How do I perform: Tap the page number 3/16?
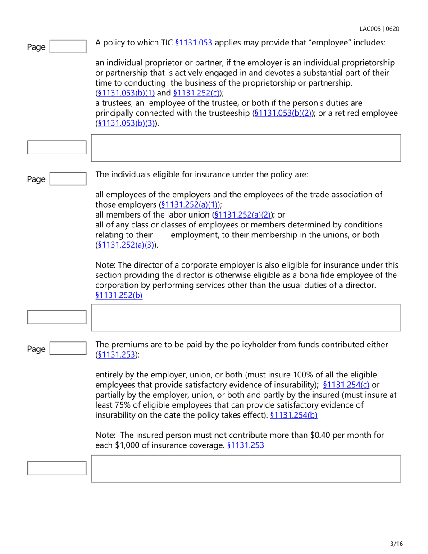click(396, 544)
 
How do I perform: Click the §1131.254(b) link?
click(295, 415)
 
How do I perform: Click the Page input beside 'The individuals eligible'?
click(68, 179)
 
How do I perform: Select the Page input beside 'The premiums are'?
click(68, 349)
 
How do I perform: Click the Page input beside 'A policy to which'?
click(68, 46)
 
